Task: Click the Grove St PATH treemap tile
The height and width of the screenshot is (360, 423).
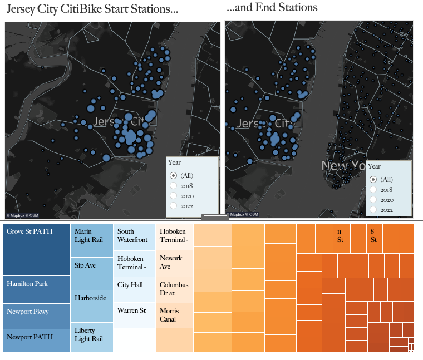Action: tap(36, 249)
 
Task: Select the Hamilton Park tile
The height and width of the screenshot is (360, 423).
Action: tap(36, 289)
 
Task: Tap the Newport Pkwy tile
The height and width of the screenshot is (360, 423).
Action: tap(36, 315)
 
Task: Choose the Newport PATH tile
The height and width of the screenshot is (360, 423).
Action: tap(36, 340)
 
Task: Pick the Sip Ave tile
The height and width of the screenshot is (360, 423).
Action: tap(92, 273)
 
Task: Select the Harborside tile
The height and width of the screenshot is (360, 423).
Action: tap(92, 305)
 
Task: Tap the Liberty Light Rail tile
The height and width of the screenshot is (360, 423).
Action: tap(92, 337)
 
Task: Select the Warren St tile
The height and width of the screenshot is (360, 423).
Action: tap(134, 314)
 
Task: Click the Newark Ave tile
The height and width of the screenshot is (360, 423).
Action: tap(174, 263)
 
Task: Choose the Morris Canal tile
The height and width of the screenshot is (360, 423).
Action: tap(174, 315)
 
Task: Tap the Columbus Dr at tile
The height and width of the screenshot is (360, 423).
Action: tap(174, 289)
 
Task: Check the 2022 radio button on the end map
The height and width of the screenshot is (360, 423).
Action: tap(373, 210)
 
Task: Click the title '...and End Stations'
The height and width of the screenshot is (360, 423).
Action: tap(272, 8)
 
